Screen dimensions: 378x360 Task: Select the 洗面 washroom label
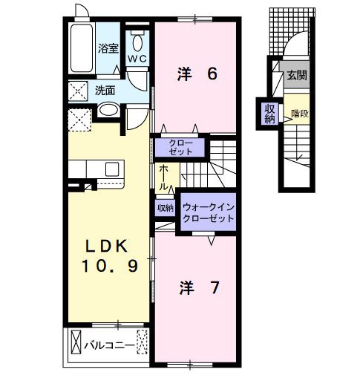[105, 91]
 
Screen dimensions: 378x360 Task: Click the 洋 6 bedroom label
[196, 74]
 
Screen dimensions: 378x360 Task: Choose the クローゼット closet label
[180, 146]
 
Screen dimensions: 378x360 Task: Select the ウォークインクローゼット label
[208, 214]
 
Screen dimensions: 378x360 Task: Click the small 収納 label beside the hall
[164, 209]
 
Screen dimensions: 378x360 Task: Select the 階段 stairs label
[300, 114]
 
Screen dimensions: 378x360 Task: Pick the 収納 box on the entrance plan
[269, 114]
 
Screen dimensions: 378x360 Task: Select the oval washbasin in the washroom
[108, 110]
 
